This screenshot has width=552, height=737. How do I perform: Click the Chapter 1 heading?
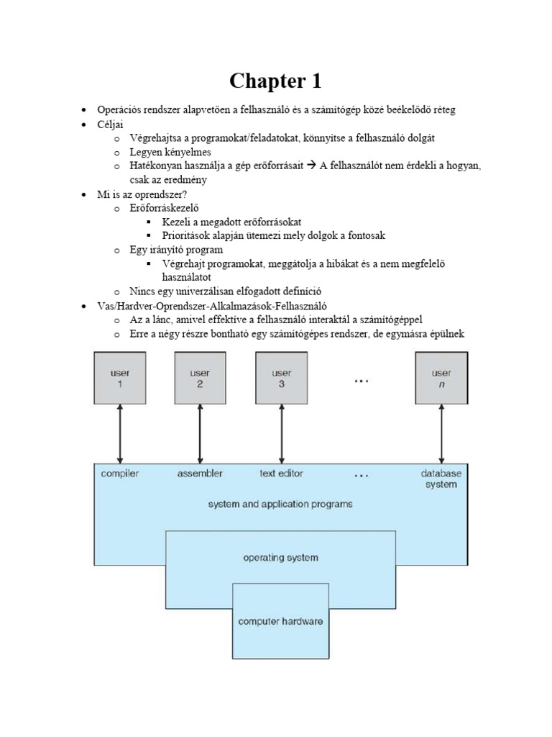point(275,81)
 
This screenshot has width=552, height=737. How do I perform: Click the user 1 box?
point(120,378)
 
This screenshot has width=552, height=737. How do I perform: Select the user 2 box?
point(200,378)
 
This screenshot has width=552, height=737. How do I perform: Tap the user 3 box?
point(281,378)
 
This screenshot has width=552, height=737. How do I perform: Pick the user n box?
point(441,378)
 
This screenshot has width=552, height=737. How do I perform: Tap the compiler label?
point(120,474)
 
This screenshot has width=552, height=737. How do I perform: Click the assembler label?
point(200,474)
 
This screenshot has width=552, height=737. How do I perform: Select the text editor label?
point(281,474)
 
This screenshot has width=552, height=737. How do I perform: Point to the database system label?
point(441,479)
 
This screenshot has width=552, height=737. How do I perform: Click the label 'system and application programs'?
point(280,505)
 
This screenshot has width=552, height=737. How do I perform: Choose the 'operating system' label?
point(280,557)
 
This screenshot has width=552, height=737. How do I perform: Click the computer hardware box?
point(280,621)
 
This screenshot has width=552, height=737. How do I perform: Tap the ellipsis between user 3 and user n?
point(362,381)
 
